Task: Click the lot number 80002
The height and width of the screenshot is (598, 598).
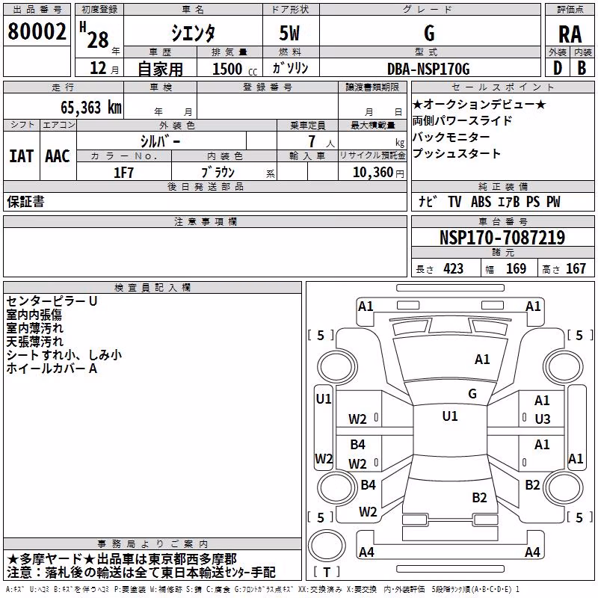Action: click(x=37, y=31)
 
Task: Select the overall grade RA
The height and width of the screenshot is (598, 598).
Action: click(x=570, y=34)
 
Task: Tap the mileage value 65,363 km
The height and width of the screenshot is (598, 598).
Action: click(x=91, y=108)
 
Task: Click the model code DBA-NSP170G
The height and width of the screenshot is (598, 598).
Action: click(x=428, y=69)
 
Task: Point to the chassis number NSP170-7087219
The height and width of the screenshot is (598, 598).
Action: click(x=502, y=238)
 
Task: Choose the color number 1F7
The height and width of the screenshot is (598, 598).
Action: click(x=123, y=173)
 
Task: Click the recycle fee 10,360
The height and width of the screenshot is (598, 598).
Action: click(x=372, y=173)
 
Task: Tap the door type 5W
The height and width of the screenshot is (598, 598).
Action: click(x=289, y=33)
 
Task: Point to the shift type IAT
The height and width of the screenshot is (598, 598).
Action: click(x=21, y=156)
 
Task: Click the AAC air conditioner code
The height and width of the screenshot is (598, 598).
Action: click(x=58, y=156)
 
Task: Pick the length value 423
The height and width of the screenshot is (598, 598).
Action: click(x=453, y=269)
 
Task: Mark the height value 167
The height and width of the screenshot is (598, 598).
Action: click(x=576, y=269)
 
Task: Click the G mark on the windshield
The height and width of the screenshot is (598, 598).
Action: click(x=472, y=394)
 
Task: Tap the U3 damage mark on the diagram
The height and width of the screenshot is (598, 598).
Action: click(x=543, y=419)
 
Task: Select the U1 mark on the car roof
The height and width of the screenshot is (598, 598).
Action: click(x=450, y=416)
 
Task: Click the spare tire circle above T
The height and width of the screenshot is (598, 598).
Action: click(x=327, y=546)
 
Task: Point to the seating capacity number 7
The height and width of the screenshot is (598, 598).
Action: click(x=312, y=141)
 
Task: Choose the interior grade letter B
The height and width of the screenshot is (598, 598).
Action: click(x=582, y=68)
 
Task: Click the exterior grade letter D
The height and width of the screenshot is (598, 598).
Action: click(x=558, y=68)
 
